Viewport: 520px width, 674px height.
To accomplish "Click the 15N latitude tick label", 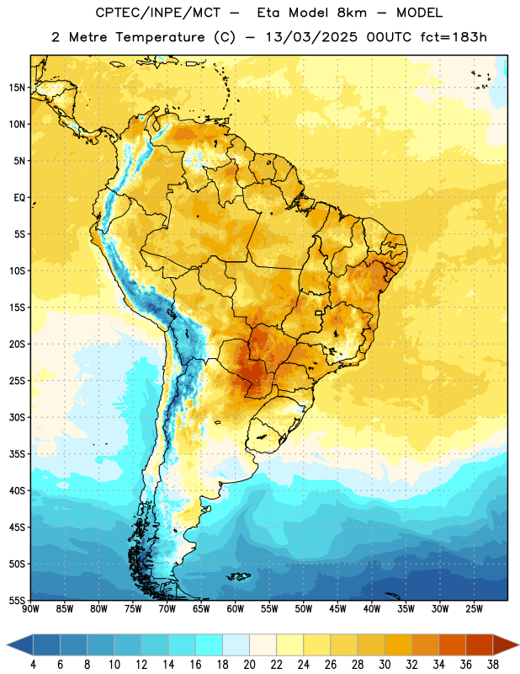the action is (17, 88).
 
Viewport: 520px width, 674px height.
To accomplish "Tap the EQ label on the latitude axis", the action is (19, 198).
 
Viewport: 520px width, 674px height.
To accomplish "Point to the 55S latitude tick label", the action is (17, 600).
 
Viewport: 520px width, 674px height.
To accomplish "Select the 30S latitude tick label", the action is (17, 417).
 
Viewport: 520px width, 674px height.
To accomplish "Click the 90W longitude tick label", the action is (30, 609).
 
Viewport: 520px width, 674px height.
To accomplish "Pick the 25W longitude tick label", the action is (474, 609).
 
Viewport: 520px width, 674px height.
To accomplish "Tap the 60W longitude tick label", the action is (236, 609).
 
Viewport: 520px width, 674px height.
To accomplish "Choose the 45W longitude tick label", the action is (338, 609).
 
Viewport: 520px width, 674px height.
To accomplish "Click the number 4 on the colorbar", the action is (33, 665).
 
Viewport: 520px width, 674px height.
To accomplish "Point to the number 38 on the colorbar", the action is (492, 665).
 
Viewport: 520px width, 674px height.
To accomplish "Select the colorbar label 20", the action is (249, 665).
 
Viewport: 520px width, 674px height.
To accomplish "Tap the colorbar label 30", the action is (385, 665).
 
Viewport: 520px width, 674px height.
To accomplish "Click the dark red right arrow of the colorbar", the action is (505, 645).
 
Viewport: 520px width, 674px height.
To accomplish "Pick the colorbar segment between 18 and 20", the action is (236, 645).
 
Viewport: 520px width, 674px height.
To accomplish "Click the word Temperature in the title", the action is (160, 37).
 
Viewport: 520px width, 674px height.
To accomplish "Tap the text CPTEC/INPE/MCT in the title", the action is (158, 13).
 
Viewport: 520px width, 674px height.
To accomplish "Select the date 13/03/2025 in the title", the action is (311, 37).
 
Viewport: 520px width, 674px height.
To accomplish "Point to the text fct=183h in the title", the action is (454, 37).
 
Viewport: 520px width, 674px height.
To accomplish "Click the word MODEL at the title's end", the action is (419, 13).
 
